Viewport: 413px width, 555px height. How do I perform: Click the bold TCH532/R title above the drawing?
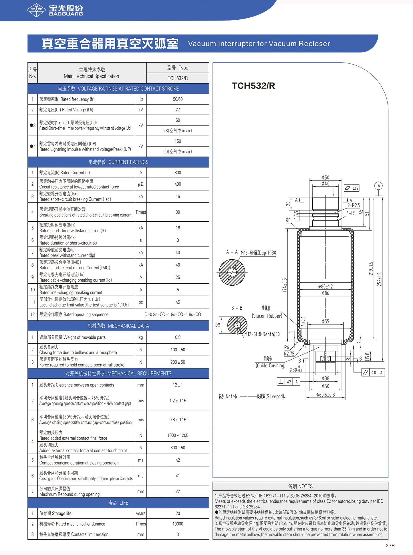coord(253,86)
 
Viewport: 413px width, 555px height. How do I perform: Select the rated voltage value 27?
coord(178,110)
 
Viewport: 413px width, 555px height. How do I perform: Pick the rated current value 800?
coord(178,173)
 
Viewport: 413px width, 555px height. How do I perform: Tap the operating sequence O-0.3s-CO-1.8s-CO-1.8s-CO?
coord(172,314)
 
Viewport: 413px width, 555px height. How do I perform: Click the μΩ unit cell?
coord(141,184)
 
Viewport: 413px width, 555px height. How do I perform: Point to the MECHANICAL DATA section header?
coord(118,326)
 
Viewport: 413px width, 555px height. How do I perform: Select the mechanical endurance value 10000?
coord(178,524)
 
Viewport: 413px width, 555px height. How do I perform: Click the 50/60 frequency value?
coord(178,99)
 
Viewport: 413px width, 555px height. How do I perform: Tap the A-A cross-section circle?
coord(232,272)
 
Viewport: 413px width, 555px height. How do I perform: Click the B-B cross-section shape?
coord(237,325)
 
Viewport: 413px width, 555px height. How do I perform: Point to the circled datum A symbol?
coord(379,186)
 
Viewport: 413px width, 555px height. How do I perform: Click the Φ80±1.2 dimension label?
coord(325,286)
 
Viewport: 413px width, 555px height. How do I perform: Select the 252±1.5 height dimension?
coord(379,279)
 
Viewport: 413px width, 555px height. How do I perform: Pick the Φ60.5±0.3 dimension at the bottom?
coord(325,395)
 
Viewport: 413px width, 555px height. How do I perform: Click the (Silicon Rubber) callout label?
coord(267,316)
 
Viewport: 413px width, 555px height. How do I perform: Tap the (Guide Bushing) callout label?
coord(270,365)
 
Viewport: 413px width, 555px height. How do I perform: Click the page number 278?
coord(390,546)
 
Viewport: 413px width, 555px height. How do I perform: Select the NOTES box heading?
coord(300,486)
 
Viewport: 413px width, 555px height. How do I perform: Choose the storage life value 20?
coord(178,513)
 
